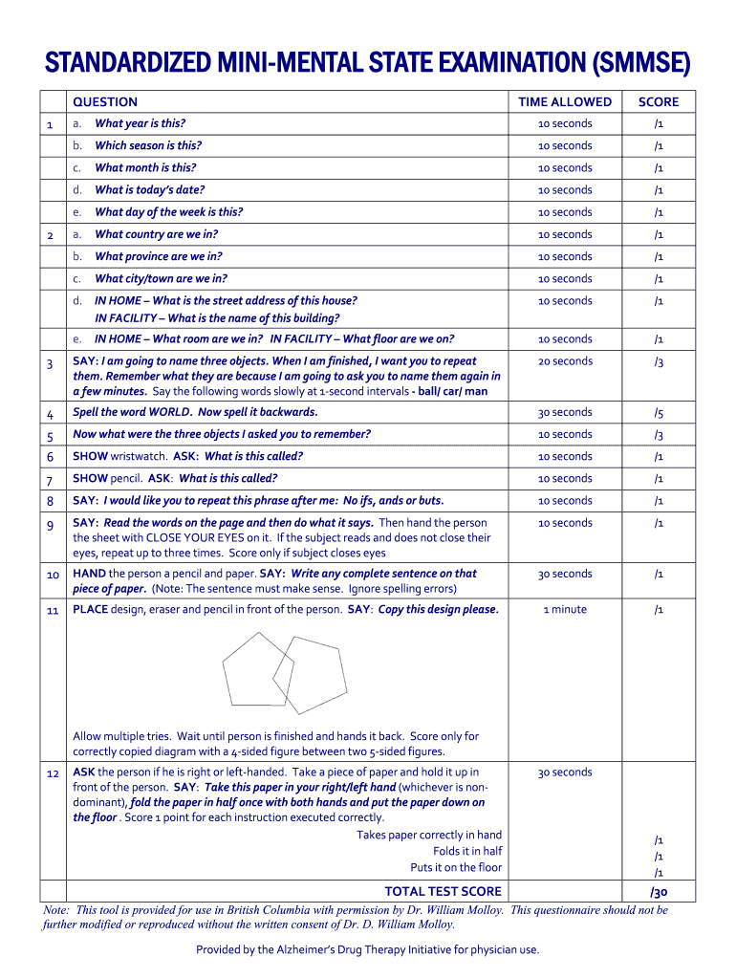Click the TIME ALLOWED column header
tap(565, 102)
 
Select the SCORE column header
tap(659, 102)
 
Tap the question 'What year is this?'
tap(141, 123)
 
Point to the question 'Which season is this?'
tap(148, 145)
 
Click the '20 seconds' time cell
tap(565, 361)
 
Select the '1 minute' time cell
tap(565, 610)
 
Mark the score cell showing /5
tap(659, 413)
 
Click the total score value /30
tap(659, 892)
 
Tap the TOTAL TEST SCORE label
tap(443, 892)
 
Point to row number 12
tap(53, 772)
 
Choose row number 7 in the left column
tap(50, 479)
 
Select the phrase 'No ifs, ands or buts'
tap(393, 501)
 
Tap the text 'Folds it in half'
tap(467, 851)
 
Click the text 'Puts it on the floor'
tap(456, 867)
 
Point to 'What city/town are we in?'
tap(162, 279)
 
